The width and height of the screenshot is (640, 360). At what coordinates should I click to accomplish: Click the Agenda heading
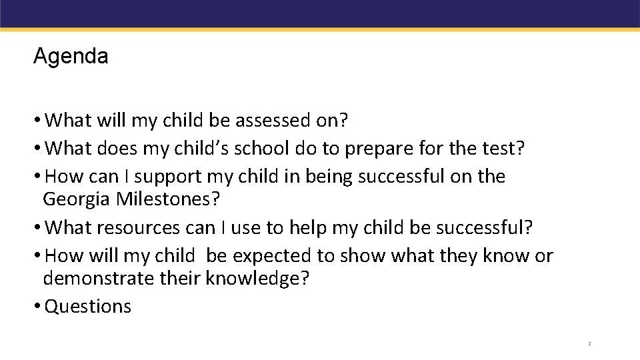point(70,56)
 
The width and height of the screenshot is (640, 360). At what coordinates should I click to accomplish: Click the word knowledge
point(257,278)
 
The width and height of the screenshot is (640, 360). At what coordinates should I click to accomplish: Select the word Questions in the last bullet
point(88,307)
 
